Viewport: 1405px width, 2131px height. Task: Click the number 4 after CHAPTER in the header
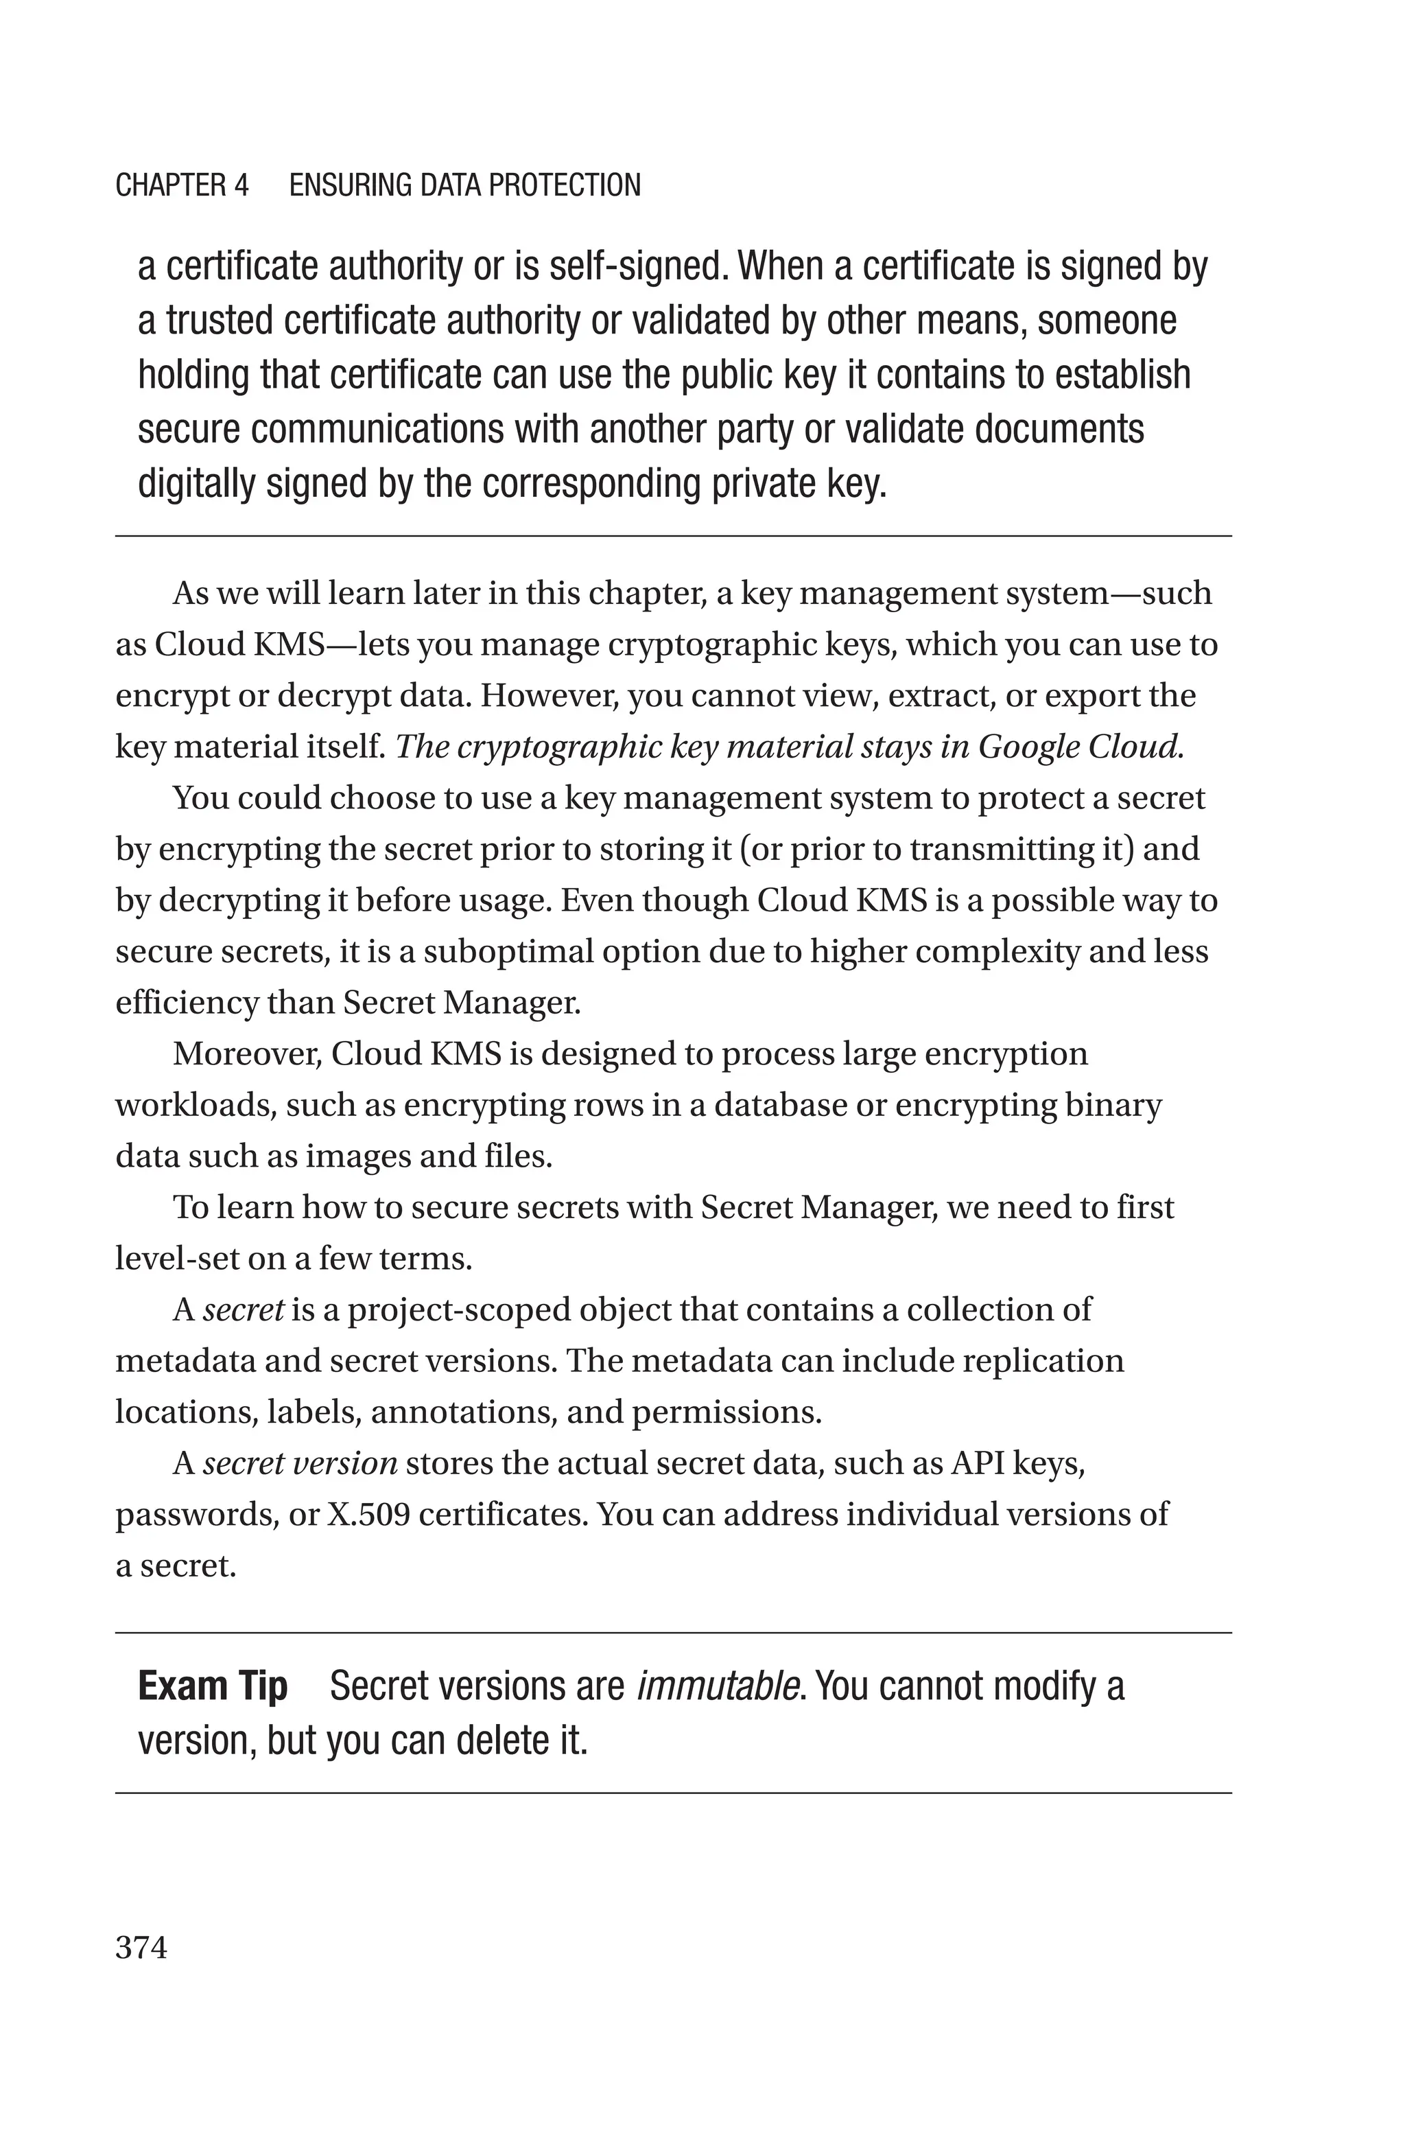[240, 185]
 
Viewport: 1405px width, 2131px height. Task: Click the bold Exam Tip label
[213, 1686]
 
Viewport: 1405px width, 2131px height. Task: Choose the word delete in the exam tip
[495, 1740]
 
